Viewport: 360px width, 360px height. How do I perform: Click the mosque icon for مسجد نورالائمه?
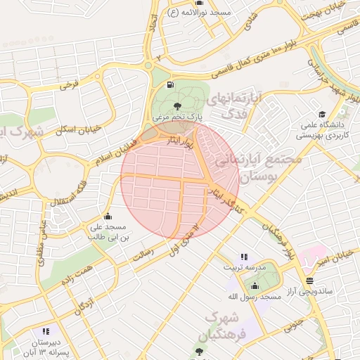172,13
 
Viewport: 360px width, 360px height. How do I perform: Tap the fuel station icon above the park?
171,85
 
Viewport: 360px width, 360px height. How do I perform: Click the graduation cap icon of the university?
322,114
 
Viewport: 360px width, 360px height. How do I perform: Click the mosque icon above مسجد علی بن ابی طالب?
107,216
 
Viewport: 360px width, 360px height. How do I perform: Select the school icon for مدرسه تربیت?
243,257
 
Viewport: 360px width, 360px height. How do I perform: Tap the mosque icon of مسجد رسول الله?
254,286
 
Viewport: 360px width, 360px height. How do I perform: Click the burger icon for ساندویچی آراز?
309,281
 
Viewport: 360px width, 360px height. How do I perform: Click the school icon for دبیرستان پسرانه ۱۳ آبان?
46,331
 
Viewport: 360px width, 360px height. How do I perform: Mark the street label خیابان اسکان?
78,130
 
